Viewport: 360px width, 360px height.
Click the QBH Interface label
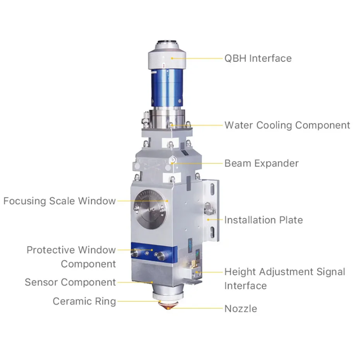(x=258, y=58)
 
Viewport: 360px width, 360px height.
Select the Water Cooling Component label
(x=287, y=125)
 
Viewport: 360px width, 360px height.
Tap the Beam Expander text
(x=261, y=163)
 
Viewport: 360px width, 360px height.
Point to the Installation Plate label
(x=263, y=220)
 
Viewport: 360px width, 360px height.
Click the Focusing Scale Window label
(x=60, y=201)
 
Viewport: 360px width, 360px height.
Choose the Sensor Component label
(x=70, y=282)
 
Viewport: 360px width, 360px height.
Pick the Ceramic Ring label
(x=84, y=301)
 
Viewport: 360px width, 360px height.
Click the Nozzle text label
(x=241, y=309)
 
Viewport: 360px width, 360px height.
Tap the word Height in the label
(x=240, y=272)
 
